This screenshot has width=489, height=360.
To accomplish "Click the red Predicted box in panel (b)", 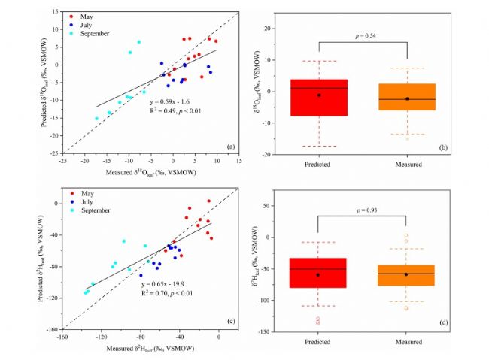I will click(x=318, y=98).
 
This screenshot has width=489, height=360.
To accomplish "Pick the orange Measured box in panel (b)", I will click(x=406, y=97).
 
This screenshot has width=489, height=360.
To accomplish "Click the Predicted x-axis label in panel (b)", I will click(x=318, y=163).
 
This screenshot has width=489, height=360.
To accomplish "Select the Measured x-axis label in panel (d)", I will click(x=406, y=340).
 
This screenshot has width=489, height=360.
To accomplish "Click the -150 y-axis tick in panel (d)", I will click(x=263, y=331).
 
